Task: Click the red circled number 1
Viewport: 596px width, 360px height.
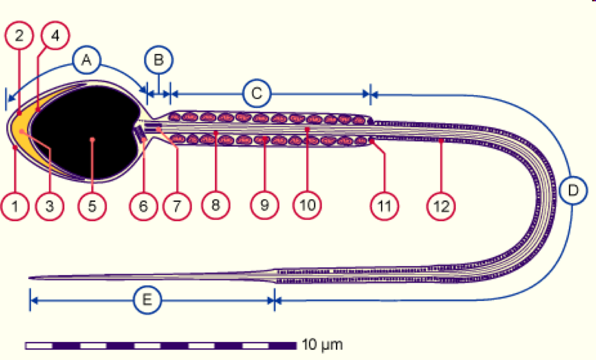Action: tap(15, 206)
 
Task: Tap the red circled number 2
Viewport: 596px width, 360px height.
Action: tap(19, 36)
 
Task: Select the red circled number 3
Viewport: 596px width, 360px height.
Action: tap(49, 206)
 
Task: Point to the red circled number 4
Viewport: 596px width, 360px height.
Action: tap(55, 36)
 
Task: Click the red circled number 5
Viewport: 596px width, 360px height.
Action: tap(92, 206)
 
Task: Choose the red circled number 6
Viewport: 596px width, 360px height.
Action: tap(143, 206)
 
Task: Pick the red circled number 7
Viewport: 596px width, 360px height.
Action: tap(176, 206)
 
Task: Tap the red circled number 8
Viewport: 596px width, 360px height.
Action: tap(215, 206)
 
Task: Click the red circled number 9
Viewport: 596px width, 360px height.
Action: tap(264, 206)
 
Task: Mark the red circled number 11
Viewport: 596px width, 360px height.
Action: tap(385, 206)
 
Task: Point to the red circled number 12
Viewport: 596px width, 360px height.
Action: tap(441, 206)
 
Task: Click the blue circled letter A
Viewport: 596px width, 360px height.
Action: tap(87, 60)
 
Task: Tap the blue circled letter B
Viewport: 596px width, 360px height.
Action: tap(158, 60)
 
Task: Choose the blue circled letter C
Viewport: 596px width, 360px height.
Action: tap(257, 94)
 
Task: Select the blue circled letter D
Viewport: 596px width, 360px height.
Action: tap(573, 191)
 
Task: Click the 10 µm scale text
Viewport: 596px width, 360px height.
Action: tap(322, 345)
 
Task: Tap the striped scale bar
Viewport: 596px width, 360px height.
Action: tap(161, 346)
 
